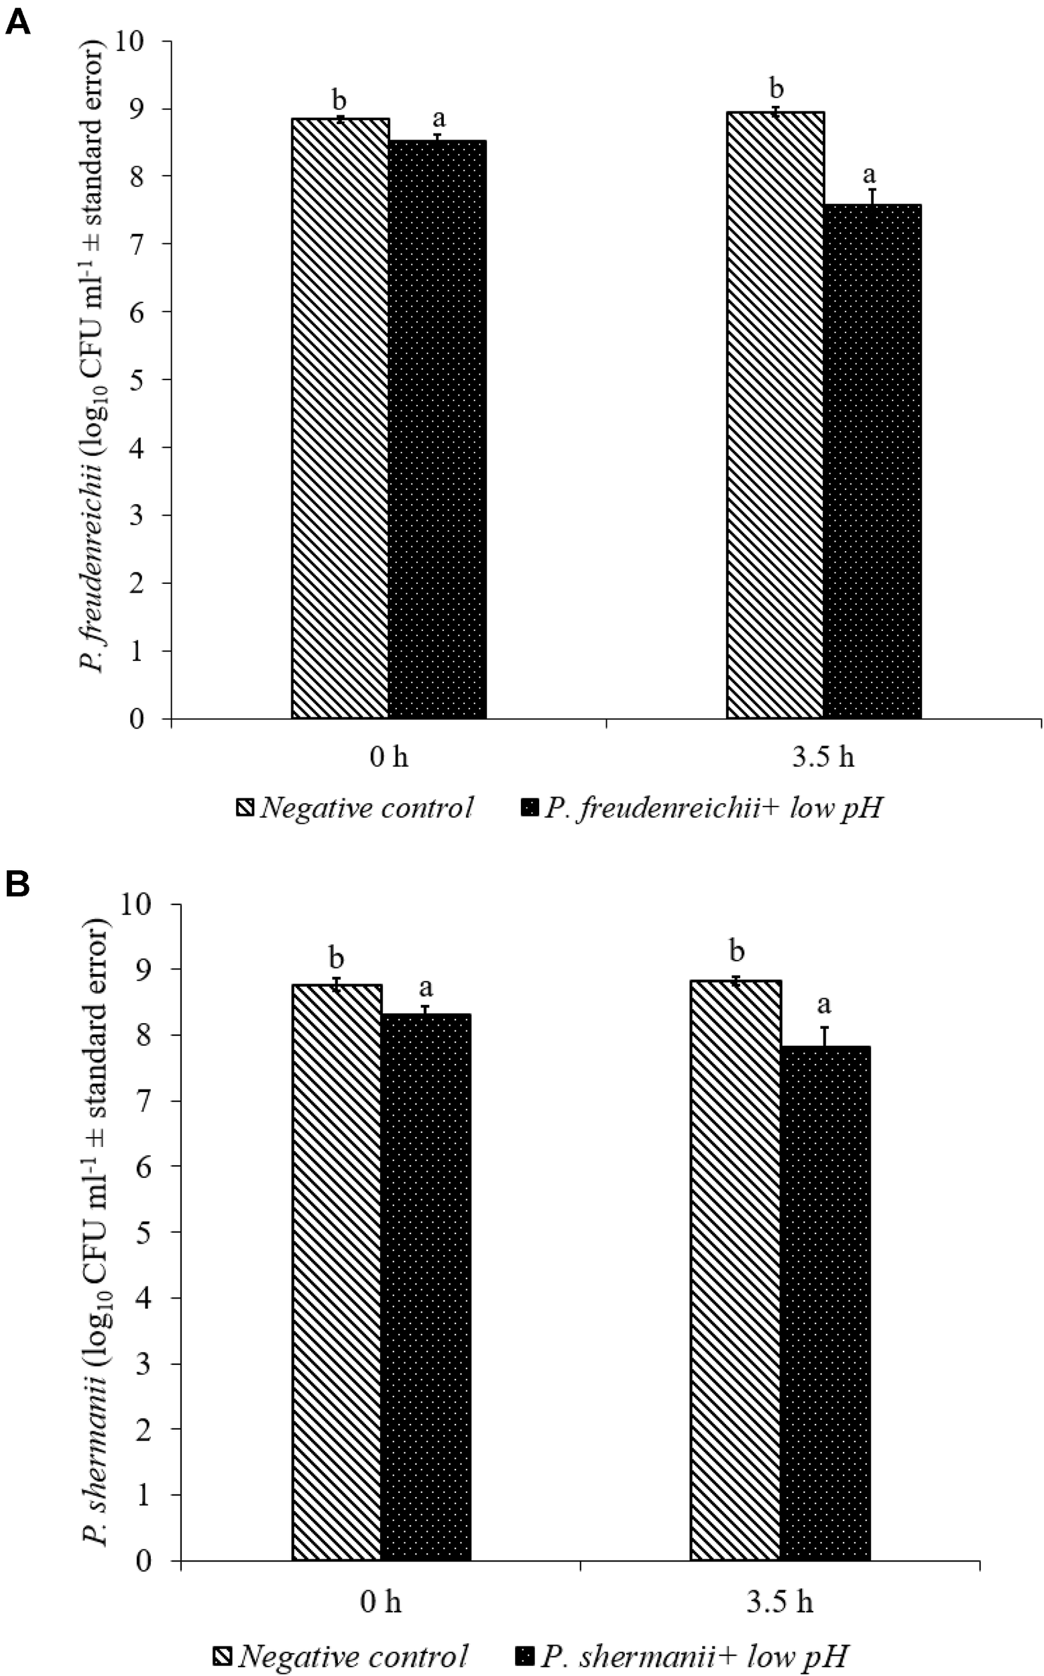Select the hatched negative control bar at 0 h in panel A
point(340,418)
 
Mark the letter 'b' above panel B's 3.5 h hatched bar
point(738,951)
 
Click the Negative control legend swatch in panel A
point(246,806)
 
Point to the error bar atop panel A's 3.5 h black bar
point(873,196)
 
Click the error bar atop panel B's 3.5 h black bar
point(825,1036)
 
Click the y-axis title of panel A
point(94,359)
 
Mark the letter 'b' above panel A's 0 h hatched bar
point(339,99)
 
